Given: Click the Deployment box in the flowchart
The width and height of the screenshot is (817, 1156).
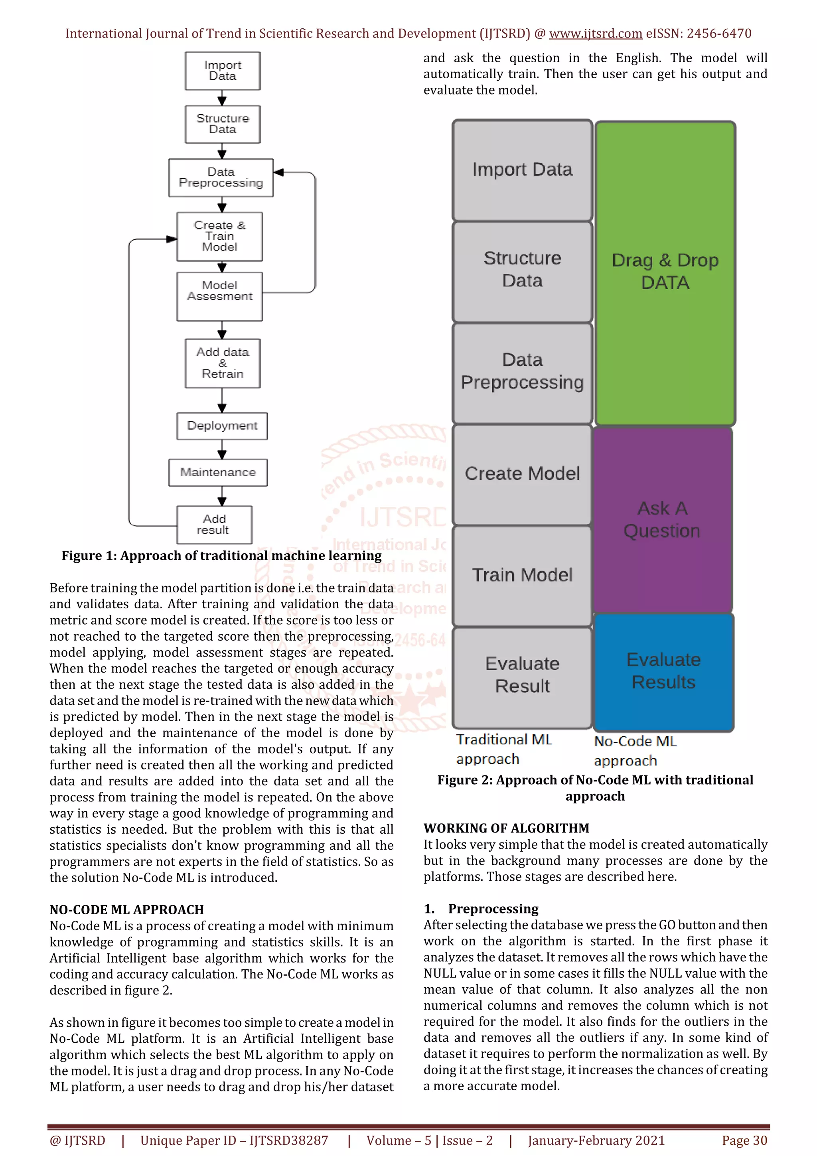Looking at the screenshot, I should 222,426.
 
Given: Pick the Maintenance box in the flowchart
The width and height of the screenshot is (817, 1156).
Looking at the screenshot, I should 217,472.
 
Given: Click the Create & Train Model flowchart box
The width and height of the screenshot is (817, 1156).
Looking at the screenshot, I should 219,236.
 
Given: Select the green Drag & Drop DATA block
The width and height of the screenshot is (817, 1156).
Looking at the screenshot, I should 665,272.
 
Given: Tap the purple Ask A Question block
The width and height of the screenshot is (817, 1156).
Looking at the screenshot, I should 662,520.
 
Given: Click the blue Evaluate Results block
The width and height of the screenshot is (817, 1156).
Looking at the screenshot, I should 663,671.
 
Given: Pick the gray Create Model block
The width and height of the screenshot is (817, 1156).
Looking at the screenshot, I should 522,474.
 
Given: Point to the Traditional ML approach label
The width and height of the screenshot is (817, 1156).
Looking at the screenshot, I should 503,749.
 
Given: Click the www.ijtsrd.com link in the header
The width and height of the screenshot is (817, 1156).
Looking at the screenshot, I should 595,34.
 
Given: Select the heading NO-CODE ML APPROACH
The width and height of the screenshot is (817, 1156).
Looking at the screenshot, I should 126,910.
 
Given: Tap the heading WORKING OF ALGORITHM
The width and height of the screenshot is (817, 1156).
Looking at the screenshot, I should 506,828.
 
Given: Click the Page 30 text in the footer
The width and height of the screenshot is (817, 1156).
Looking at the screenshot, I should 744,1140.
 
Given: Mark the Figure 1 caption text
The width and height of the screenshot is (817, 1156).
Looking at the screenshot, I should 221,556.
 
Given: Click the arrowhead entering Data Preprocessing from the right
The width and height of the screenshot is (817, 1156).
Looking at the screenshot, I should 279,172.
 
